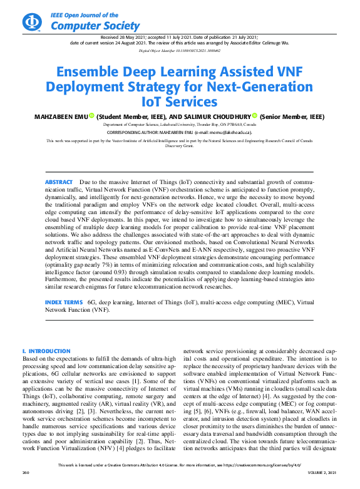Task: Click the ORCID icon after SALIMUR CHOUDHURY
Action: pyautogui.click(x=255, y=116)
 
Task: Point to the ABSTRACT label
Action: pyautogui.click(x=59, y=182)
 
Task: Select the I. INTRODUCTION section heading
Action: pyautogui.click(x=46, y=351)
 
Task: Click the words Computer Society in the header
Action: pyautogui.click(x=95, y=26)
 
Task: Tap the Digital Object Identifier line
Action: pyautogui.click(x=180, y=49)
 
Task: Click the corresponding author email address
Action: pyautogui.click(x=231, y=133)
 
